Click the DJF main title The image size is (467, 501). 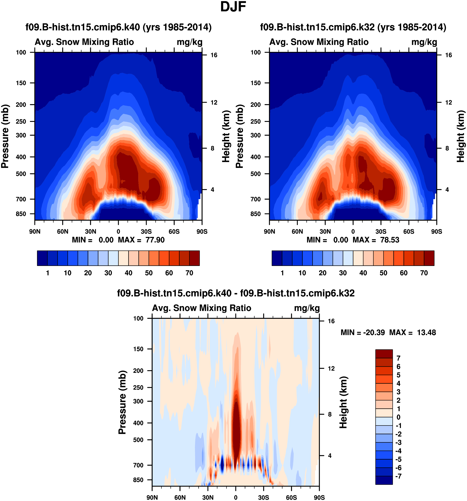[x=233, y=7]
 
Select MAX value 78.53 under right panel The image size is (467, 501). [x=390, y=240]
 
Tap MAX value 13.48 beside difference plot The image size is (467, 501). [x=426, y=333]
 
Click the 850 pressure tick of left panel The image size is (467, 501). [x=21, y=214]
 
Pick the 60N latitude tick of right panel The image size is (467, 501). [x=297, y=232]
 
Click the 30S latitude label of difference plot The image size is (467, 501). [x=264, y=497]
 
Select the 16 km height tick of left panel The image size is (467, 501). [x=214, y=55]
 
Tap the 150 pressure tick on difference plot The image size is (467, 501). [x=138, y=349]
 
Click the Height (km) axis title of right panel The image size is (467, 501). [x=461, y=136]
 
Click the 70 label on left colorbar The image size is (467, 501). [x=189, y=273]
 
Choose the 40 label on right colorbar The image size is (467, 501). [x=363, y=273]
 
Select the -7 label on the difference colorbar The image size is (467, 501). [x=398, y=476]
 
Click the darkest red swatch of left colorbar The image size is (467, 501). [x=195, y=258]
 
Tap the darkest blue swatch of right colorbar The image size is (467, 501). [x=277, y=258]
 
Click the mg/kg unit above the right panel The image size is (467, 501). [x=424, y=42]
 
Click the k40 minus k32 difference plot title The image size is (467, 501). [x=236, y=293]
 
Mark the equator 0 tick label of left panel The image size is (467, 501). [x=118, y=232]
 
